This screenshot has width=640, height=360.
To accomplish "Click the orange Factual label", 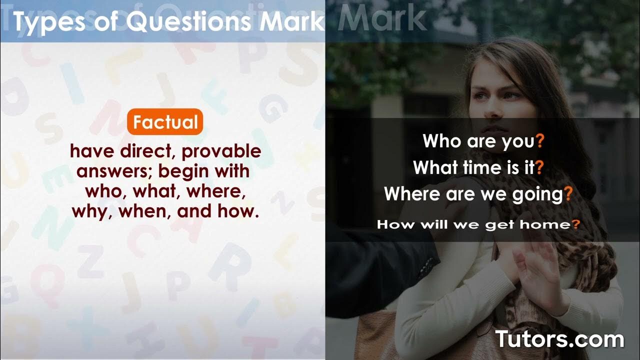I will [165, 122].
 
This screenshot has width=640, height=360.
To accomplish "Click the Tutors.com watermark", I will [559, 339].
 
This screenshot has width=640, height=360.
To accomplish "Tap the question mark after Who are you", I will [539, 141].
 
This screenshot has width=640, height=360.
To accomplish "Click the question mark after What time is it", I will [539, 168].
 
